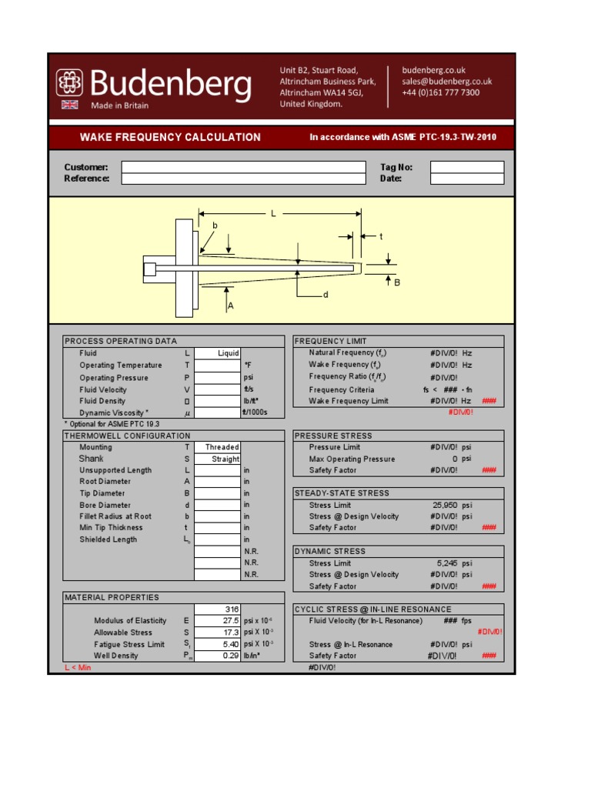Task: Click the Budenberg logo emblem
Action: (70, 83)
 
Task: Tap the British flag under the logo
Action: (70, 105)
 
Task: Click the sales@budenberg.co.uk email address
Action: (446, 82)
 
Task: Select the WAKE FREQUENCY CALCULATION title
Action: (170, 138)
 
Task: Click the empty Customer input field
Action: (243, 167)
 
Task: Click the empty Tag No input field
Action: (466, 167)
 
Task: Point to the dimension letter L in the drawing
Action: (273, 213)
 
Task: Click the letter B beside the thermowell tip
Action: (398, 282)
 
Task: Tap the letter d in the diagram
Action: (326, 295)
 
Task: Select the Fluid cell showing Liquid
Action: (218, 353)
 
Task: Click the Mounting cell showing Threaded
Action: (218, 447)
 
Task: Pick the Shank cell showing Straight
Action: (218, 459)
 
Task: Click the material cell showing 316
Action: (218, 609)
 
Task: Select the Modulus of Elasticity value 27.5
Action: (218, 620)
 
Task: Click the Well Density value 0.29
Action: (218, 656)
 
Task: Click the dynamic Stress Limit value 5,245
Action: (446, 563)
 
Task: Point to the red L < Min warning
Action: (78, 667)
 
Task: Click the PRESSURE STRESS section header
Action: (332, 436)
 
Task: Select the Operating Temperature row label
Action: (121, 366)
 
